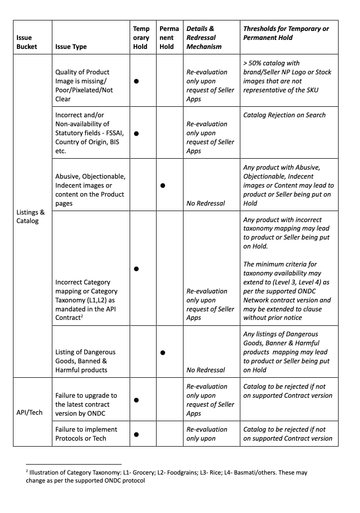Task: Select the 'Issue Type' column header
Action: (x=71, y=46)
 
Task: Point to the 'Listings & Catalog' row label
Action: (x=30, y=217)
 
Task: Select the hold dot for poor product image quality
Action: (x=136, y=81)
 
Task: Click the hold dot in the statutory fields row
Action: (x=136, y=133)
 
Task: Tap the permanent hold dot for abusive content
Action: (x=163, y=185)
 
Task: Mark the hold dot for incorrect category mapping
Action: (x=136, y=269)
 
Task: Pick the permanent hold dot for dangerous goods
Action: (x=163, y=352)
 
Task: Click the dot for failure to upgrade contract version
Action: (x=136, y=400)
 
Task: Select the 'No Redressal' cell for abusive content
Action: (x=205, y=203)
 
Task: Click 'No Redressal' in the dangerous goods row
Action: (x=205, y=370)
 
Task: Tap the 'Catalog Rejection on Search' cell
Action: (x=284, y=115)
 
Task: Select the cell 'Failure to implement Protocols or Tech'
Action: (x=86, y=434)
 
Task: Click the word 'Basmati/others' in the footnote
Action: (x=232, y=472)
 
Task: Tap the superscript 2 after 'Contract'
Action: (x=82, y=316)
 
